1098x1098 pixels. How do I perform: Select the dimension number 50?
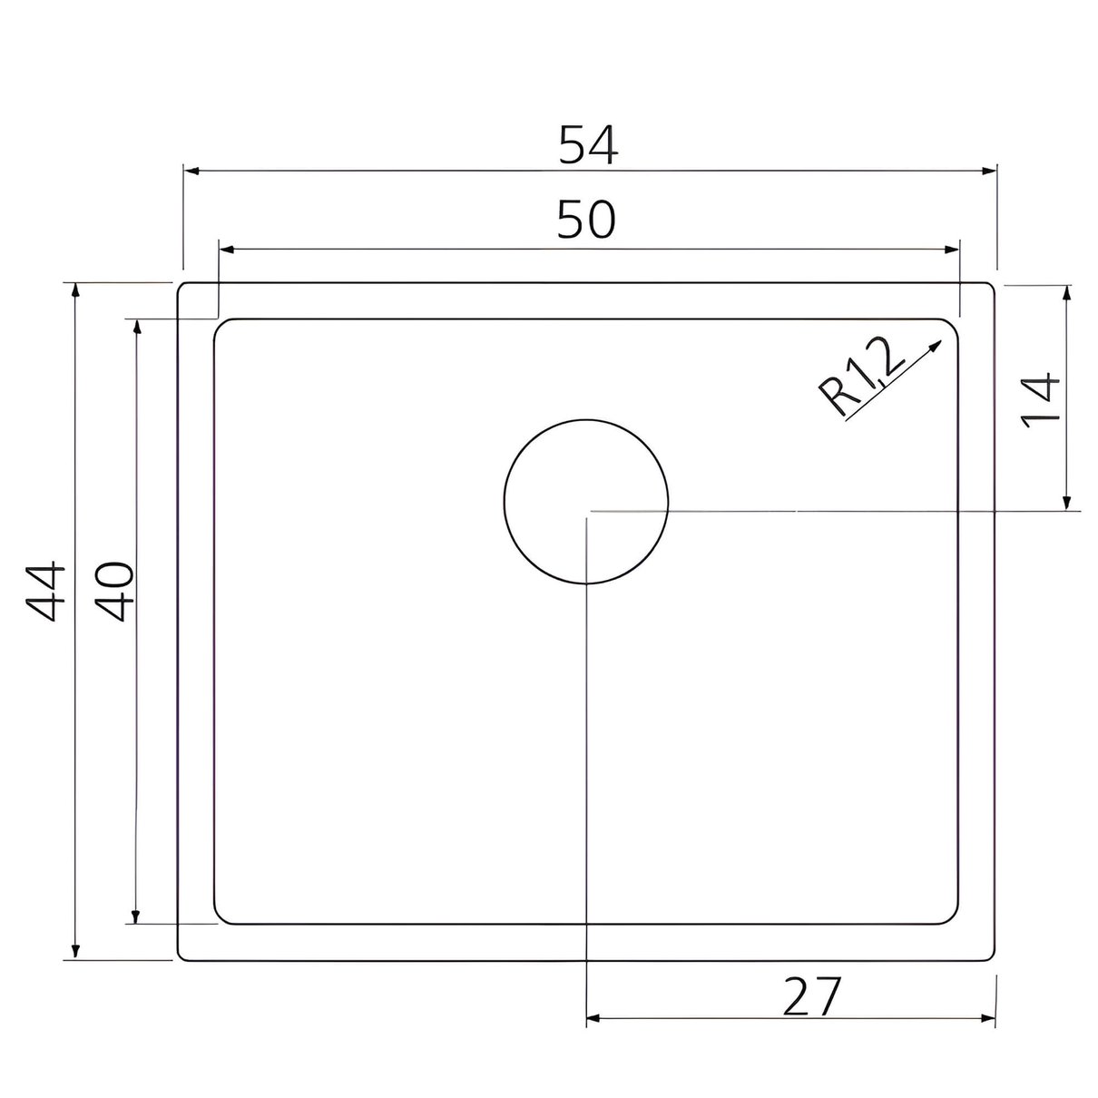(x=586, y=220)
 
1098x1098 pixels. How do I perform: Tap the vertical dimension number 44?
(x=45, y=591)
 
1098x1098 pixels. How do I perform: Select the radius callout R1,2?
(x=860, y=376)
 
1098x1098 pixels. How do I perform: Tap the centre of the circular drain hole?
(x=586, y=502)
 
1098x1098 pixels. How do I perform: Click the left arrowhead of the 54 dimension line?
(x=191, y=171)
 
